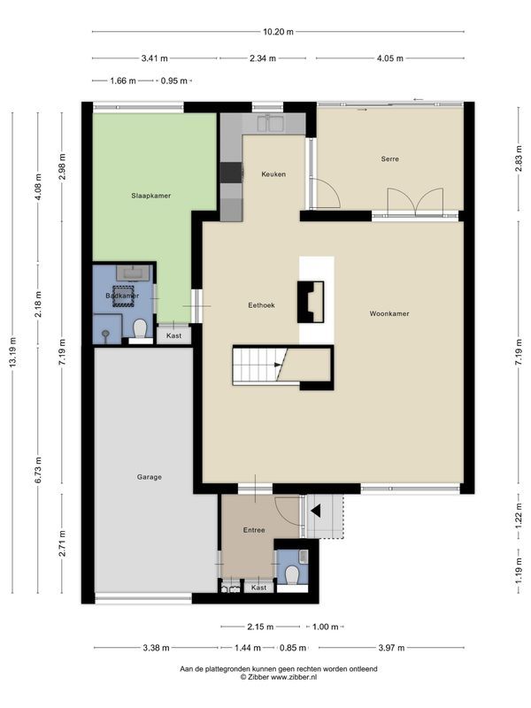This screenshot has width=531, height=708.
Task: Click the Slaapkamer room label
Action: (150, 195)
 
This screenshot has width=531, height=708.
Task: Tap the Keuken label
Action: (273, 174)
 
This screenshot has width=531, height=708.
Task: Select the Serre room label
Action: (389, 159)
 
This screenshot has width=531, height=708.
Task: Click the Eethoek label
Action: (261, 304)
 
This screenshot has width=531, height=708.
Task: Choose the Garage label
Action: (149, 476)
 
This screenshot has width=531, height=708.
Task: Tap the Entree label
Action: (254, 530)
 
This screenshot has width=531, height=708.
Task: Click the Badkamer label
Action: (120, 296)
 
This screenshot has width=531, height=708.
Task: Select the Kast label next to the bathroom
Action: (173, 336)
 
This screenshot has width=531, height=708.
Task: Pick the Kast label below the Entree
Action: (258, 587)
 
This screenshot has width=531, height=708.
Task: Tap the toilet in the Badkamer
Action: (138, 330)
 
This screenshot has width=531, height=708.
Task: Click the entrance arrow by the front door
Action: (313, 510)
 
